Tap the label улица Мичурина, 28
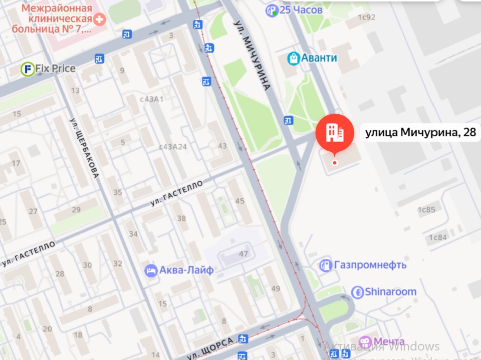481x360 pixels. coord(419,133)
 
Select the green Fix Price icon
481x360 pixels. coord(27,69)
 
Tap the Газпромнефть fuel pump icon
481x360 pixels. coord(326,265)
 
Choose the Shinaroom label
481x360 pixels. coord(390,291)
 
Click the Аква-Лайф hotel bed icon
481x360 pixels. coord(150,270)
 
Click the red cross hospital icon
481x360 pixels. coord(100,20)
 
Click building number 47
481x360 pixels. coord(244,254)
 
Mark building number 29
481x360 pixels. coord(77,209)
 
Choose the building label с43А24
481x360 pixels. coord(173,147)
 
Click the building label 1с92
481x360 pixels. coord(367,17)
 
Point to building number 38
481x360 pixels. coord(181,218)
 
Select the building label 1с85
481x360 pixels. coord(426,210)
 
